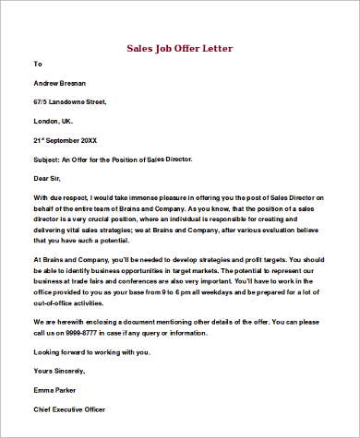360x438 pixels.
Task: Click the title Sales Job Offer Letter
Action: pyautogui.click(x=179, y=47)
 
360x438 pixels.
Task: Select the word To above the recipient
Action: pyautogui.click(x=38, y=65)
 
